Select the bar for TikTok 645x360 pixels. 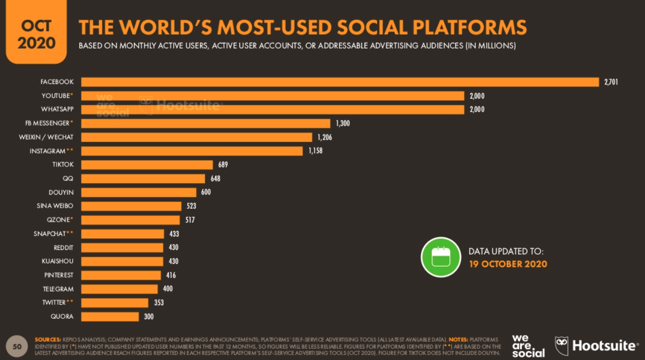click(x=147, y=165)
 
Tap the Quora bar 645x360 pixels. click(x=110, y=316)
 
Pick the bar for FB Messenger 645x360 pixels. click(x=206, y=123)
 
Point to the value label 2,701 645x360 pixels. click(x=611, y=82)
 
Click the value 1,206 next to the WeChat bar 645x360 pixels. click(x=324, y=137)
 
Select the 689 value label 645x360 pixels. click(x=223, y=165)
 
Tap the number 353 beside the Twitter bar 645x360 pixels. click(x=159, y=303)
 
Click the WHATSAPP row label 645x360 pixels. click(x=57, y=110)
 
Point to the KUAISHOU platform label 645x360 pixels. click(x=58, y=261)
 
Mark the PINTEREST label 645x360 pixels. click(x=58, y=275)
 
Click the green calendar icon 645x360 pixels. click(x=441, y=257)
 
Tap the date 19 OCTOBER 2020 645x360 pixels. click(x=508, y=264)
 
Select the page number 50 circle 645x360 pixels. click(x=17, y=346)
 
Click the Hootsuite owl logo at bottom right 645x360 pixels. click(x=562, y=345)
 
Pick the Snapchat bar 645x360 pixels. click(x=123, y=234)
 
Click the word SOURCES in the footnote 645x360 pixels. click(x=47, y=340)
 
